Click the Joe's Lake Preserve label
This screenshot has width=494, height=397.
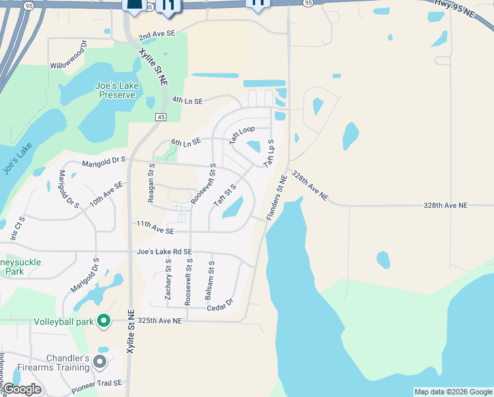115,90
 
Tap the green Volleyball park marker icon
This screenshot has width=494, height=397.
103,322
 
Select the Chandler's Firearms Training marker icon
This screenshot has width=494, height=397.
100,361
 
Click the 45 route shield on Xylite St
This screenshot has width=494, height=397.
160,117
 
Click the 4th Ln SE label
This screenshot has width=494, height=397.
188,101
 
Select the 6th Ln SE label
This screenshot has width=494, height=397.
186,142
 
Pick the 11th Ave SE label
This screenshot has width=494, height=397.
156,231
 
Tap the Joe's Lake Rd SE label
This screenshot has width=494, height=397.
164,251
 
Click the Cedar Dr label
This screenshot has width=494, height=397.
220,304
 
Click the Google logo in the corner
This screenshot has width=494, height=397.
21,389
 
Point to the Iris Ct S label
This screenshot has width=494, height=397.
17,228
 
